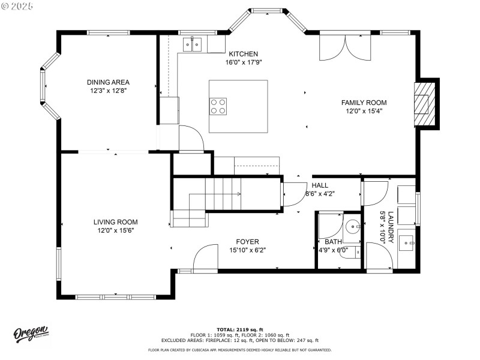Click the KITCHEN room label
(x=243, y=54)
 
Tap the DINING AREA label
(x=108, y=82)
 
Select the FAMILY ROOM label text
(x=364, y=103)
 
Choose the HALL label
(x=320, y=185)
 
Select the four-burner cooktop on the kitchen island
(x=218, y=106)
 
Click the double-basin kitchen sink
(x=196, y=44)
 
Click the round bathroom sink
(x=354, y=227)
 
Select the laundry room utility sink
(x=409, y=243)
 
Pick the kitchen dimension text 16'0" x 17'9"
(x=243, y=62)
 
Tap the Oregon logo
(x=31, y=334)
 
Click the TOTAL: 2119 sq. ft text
(x=240, y=329)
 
